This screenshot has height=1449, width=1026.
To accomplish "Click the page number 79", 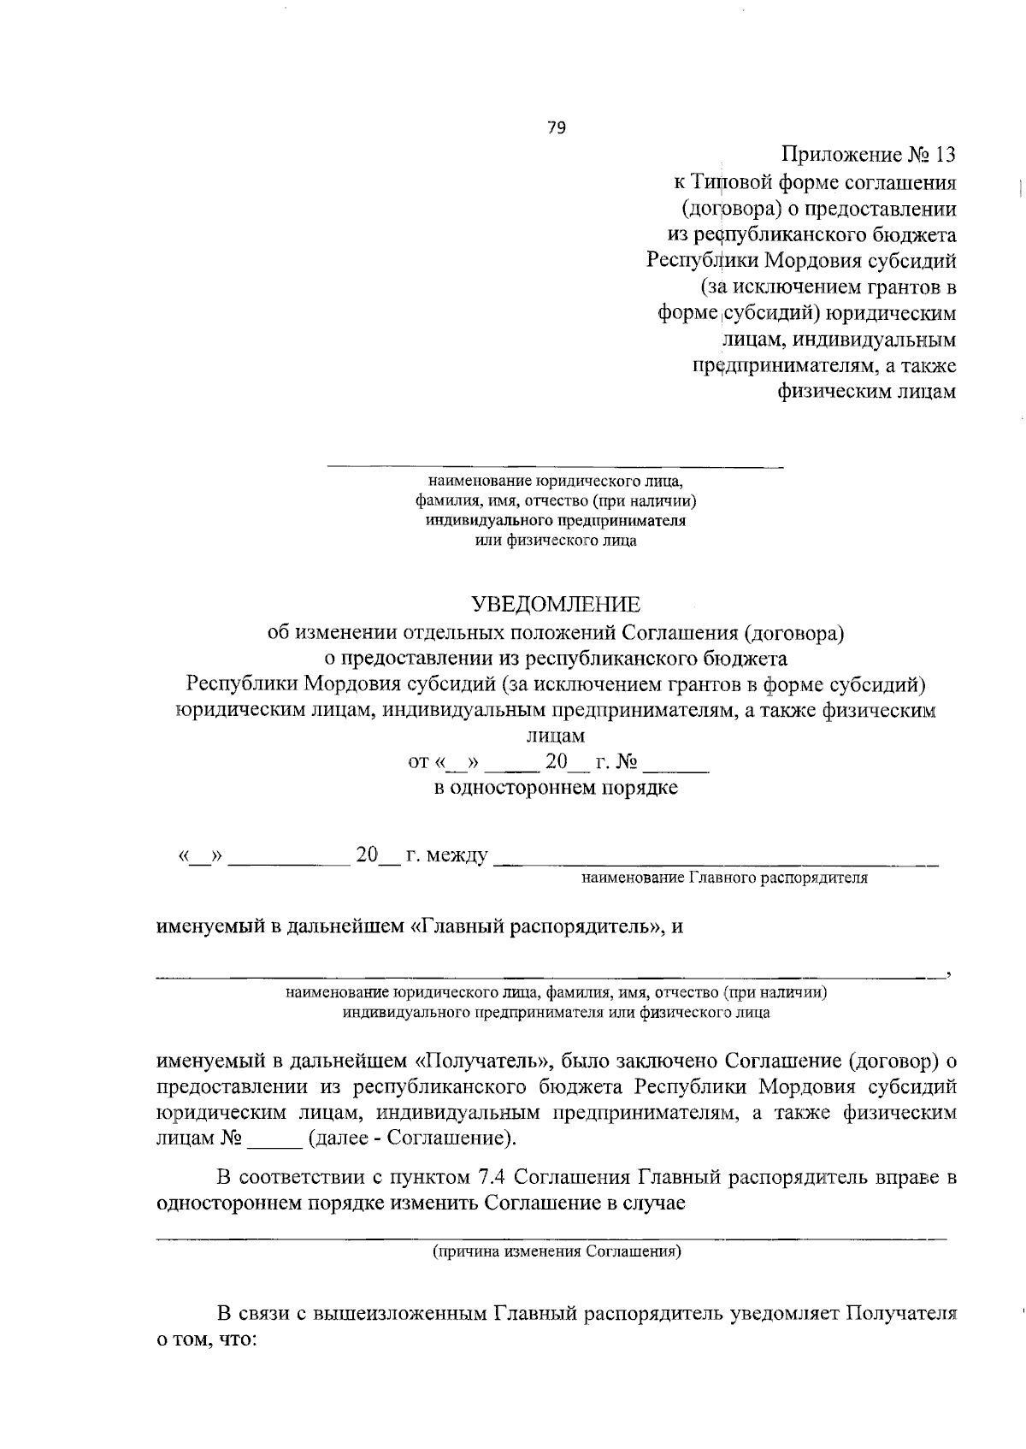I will [x=556, y=128].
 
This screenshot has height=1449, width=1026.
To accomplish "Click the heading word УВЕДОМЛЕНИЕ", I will [x=556, y=605].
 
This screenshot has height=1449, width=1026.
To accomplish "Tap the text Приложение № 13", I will [x=868, y=155].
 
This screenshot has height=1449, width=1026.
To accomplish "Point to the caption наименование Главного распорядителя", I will [x=724, y=878].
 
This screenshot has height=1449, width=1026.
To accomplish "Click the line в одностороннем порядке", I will [x=556, y=788].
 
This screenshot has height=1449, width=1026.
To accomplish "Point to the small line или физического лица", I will [x=556, y=541].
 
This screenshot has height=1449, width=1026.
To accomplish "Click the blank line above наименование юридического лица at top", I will [x=556, y=466].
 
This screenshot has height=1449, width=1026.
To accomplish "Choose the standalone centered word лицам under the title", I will [x=556, y=736].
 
